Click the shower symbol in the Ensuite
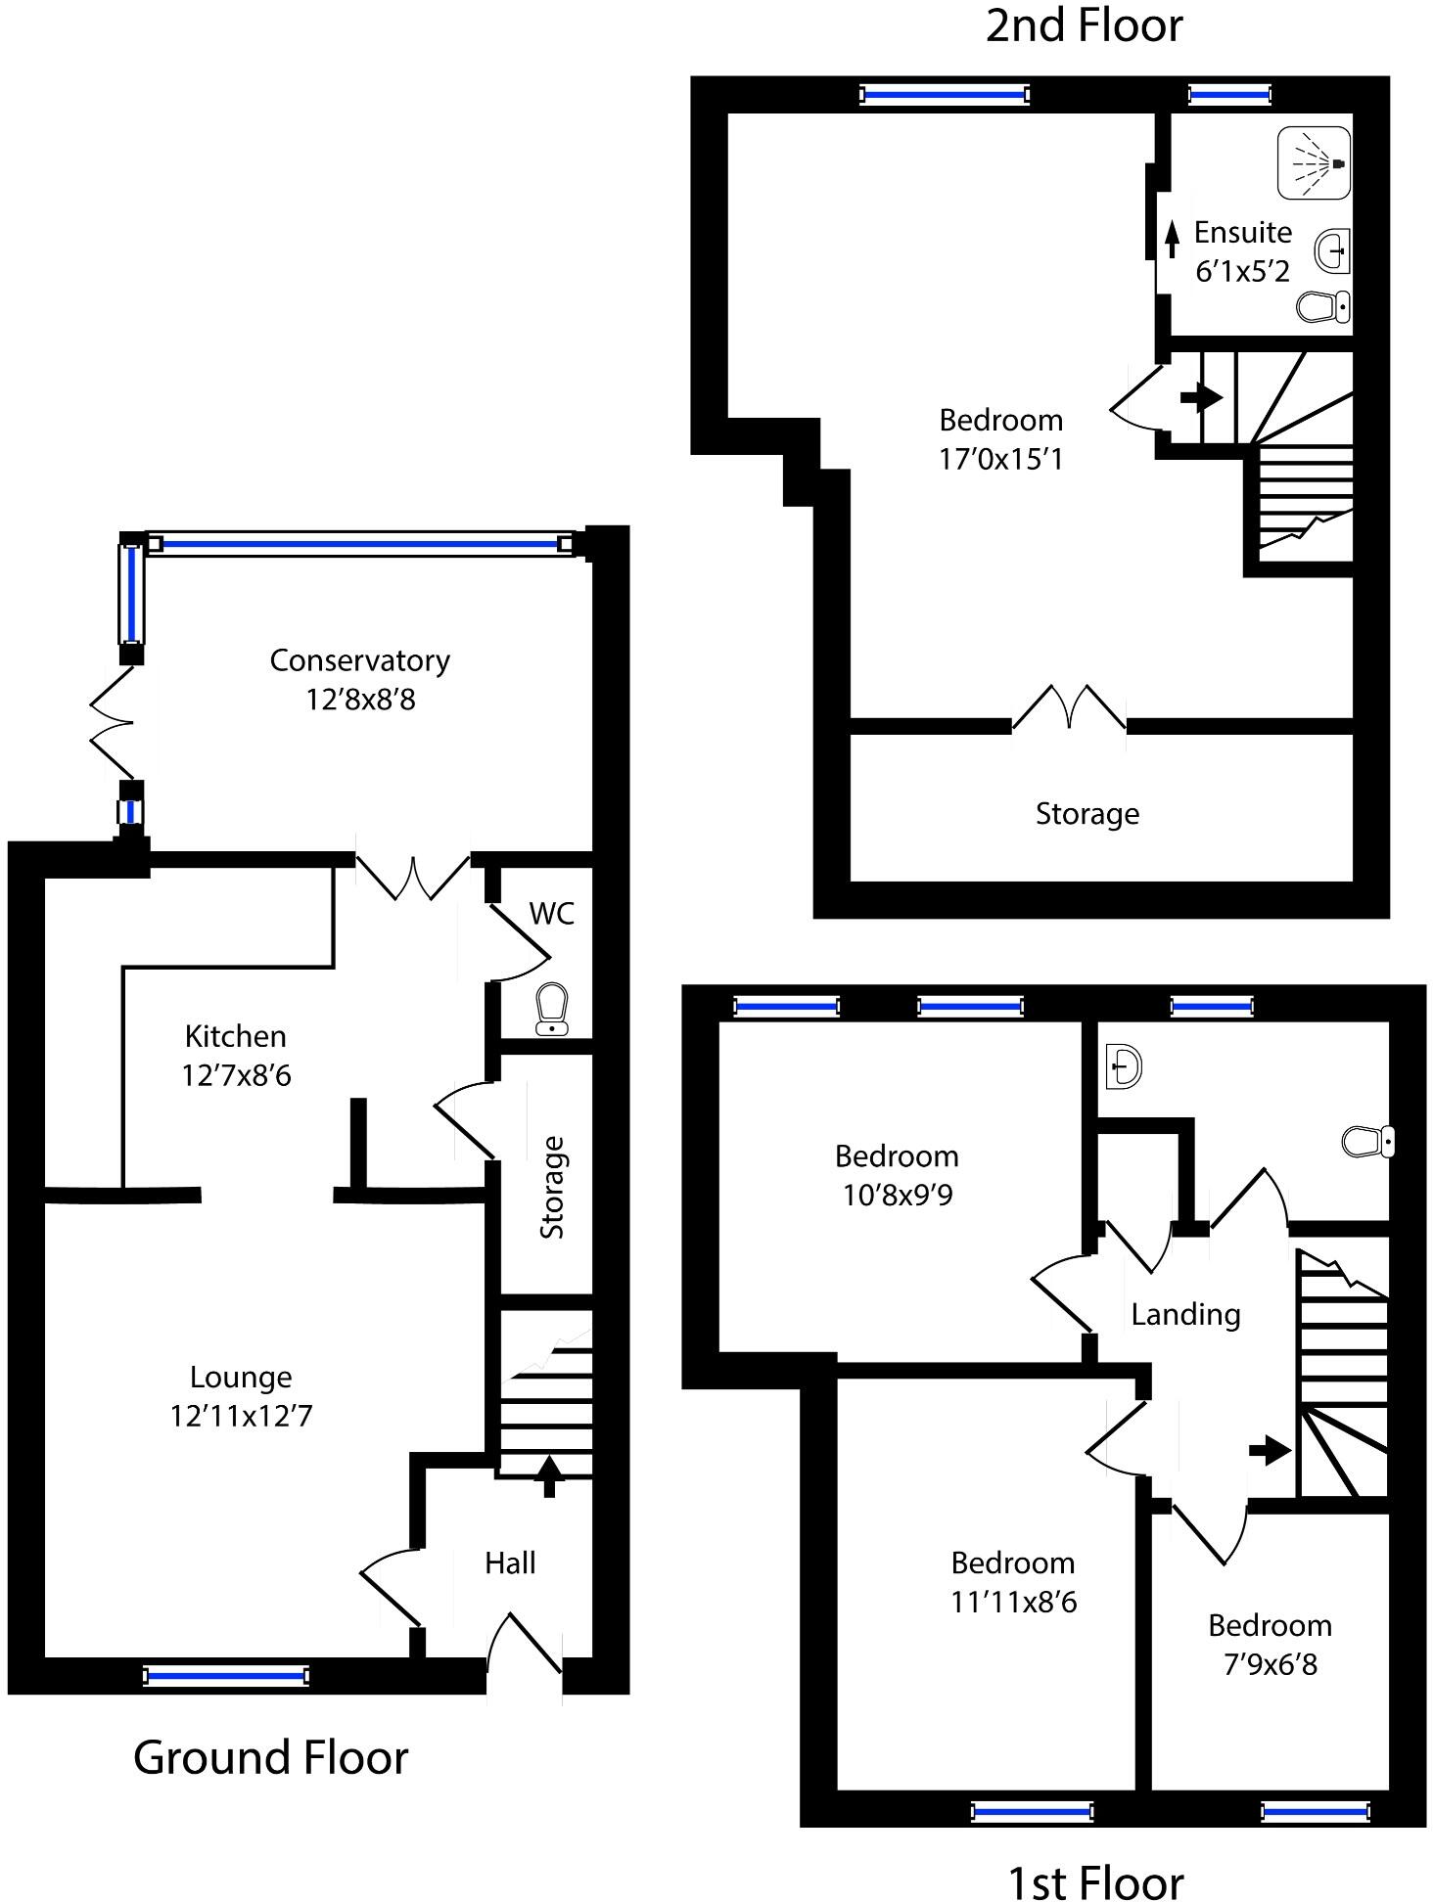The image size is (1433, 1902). click(x=1314, y=162)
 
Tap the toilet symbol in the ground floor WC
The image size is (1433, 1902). click(x=552, y=1009)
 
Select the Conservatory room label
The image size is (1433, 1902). click(x=359, y=660)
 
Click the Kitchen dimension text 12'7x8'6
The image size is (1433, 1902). click(x=236, y=1075)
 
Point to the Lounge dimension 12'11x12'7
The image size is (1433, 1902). click(x=241, y=1416)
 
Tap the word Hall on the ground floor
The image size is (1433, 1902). click(x=510, y=1562)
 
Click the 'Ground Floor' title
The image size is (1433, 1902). click(x=270, y=1757)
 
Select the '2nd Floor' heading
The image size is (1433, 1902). click(x=1084, y=25)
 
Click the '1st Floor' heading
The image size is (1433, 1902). click(x=1095, y=1881)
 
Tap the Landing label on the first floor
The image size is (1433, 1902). click(x=1185, y=1314)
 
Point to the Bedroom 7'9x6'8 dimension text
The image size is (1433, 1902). click(x=1271, y=1664)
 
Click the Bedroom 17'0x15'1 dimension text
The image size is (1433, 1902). click(x=1000, y=459)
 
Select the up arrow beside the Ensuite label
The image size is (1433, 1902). click(x=1172, y=238)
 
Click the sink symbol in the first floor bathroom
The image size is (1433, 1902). click(x=1124, y=1065)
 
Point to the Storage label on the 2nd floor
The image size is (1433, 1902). click(x=1087, y=814)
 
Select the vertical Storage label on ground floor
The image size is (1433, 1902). click(x=552, y=1187)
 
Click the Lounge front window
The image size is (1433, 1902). click(x=225, y=1676)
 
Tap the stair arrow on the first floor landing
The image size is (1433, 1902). click(x=1271, y=1450)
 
